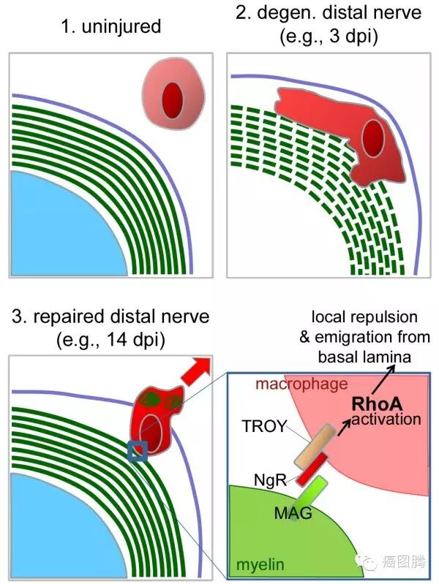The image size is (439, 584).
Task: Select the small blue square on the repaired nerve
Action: click(x=137, y=452)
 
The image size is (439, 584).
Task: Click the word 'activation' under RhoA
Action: click(x=386, y=420)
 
